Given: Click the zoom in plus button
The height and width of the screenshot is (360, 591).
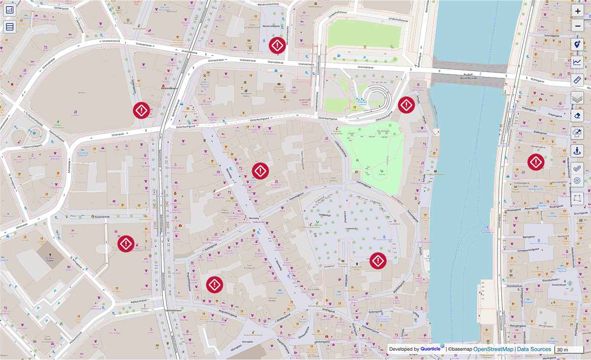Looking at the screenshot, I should tap(578, 11).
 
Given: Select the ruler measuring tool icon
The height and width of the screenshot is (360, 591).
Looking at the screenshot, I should tap(578, 80).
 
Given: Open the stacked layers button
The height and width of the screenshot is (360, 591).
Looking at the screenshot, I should tap(578, 98).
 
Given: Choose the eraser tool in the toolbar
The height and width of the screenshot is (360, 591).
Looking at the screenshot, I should tap(578, 116).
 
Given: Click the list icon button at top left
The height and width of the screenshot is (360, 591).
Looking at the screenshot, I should tap(10, 27).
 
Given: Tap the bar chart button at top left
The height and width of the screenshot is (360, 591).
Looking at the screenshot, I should tap(10, 10).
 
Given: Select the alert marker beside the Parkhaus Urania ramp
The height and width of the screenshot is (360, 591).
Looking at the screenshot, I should tap(406, 104).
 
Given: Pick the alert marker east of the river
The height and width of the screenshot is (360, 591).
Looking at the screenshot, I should tap(536, 162).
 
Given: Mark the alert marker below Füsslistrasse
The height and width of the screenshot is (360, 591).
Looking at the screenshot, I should tap(126, 243).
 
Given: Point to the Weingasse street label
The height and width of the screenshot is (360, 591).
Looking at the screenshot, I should tap(528, 237).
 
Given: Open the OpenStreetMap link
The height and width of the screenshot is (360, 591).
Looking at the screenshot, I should tap(491, 349).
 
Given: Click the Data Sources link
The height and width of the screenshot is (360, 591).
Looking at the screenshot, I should tap(534, 349).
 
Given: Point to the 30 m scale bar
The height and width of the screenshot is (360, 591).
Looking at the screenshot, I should tap(568, 350).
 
